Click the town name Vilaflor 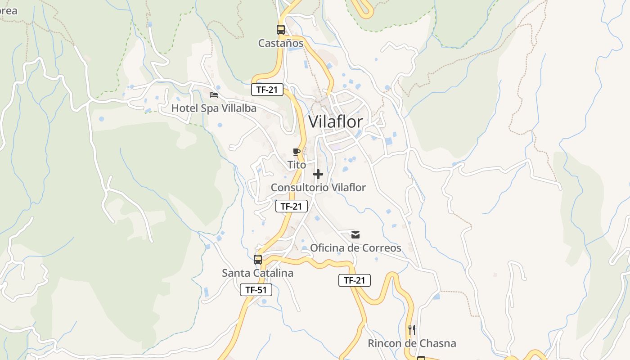point(335,121)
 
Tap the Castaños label point(281,43)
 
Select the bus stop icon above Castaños point(281,30)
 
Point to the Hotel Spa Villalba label point(214,108)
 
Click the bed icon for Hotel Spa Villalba point(214,95)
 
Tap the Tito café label point(297,165)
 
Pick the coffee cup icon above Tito point(296,152)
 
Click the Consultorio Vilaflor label point(318,187)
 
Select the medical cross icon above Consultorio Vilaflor point(318,174)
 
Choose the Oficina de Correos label point(355,248)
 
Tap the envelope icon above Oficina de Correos point(355,235)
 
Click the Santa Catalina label point(257,273)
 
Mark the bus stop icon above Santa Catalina point(257,260)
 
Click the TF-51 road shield point(256,290)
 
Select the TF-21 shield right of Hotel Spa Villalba point(267,90)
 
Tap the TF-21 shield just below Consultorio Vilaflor point(291,206)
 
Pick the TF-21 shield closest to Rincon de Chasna point(354,280)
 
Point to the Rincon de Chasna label point(412,343)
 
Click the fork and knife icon point(411,330)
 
